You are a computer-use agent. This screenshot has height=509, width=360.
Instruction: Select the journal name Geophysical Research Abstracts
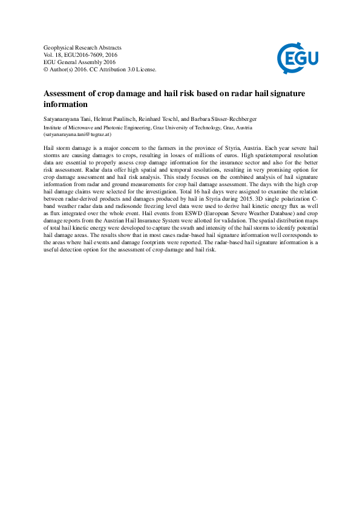point(83,47)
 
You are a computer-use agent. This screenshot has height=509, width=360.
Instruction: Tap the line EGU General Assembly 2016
point(79,62)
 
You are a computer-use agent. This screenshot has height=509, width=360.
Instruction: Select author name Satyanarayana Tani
point(67,119)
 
